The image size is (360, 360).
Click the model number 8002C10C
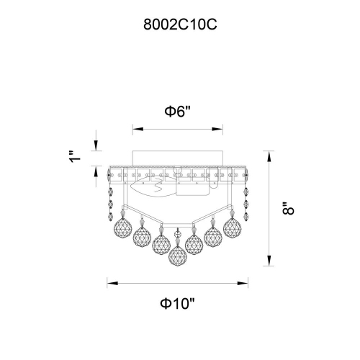(180, 24)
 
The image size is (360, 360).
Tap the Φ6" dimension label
(177, 112)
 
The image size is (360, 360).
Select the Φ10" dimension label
(177, 304)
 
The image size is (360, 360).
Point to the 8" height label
(288, 209)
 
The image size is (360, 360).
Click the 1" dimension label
(75, 157)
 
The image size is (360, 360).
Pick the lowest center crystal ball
(178, 256)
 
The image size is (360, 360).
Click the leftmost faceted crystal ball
(122, 228)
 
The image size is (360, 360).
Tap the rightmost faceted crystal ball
(233, 228)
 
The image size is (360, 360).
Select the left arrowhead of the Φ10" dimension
(112, 284)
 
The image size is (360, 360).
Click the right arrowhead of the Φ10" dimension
(243, 284)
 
